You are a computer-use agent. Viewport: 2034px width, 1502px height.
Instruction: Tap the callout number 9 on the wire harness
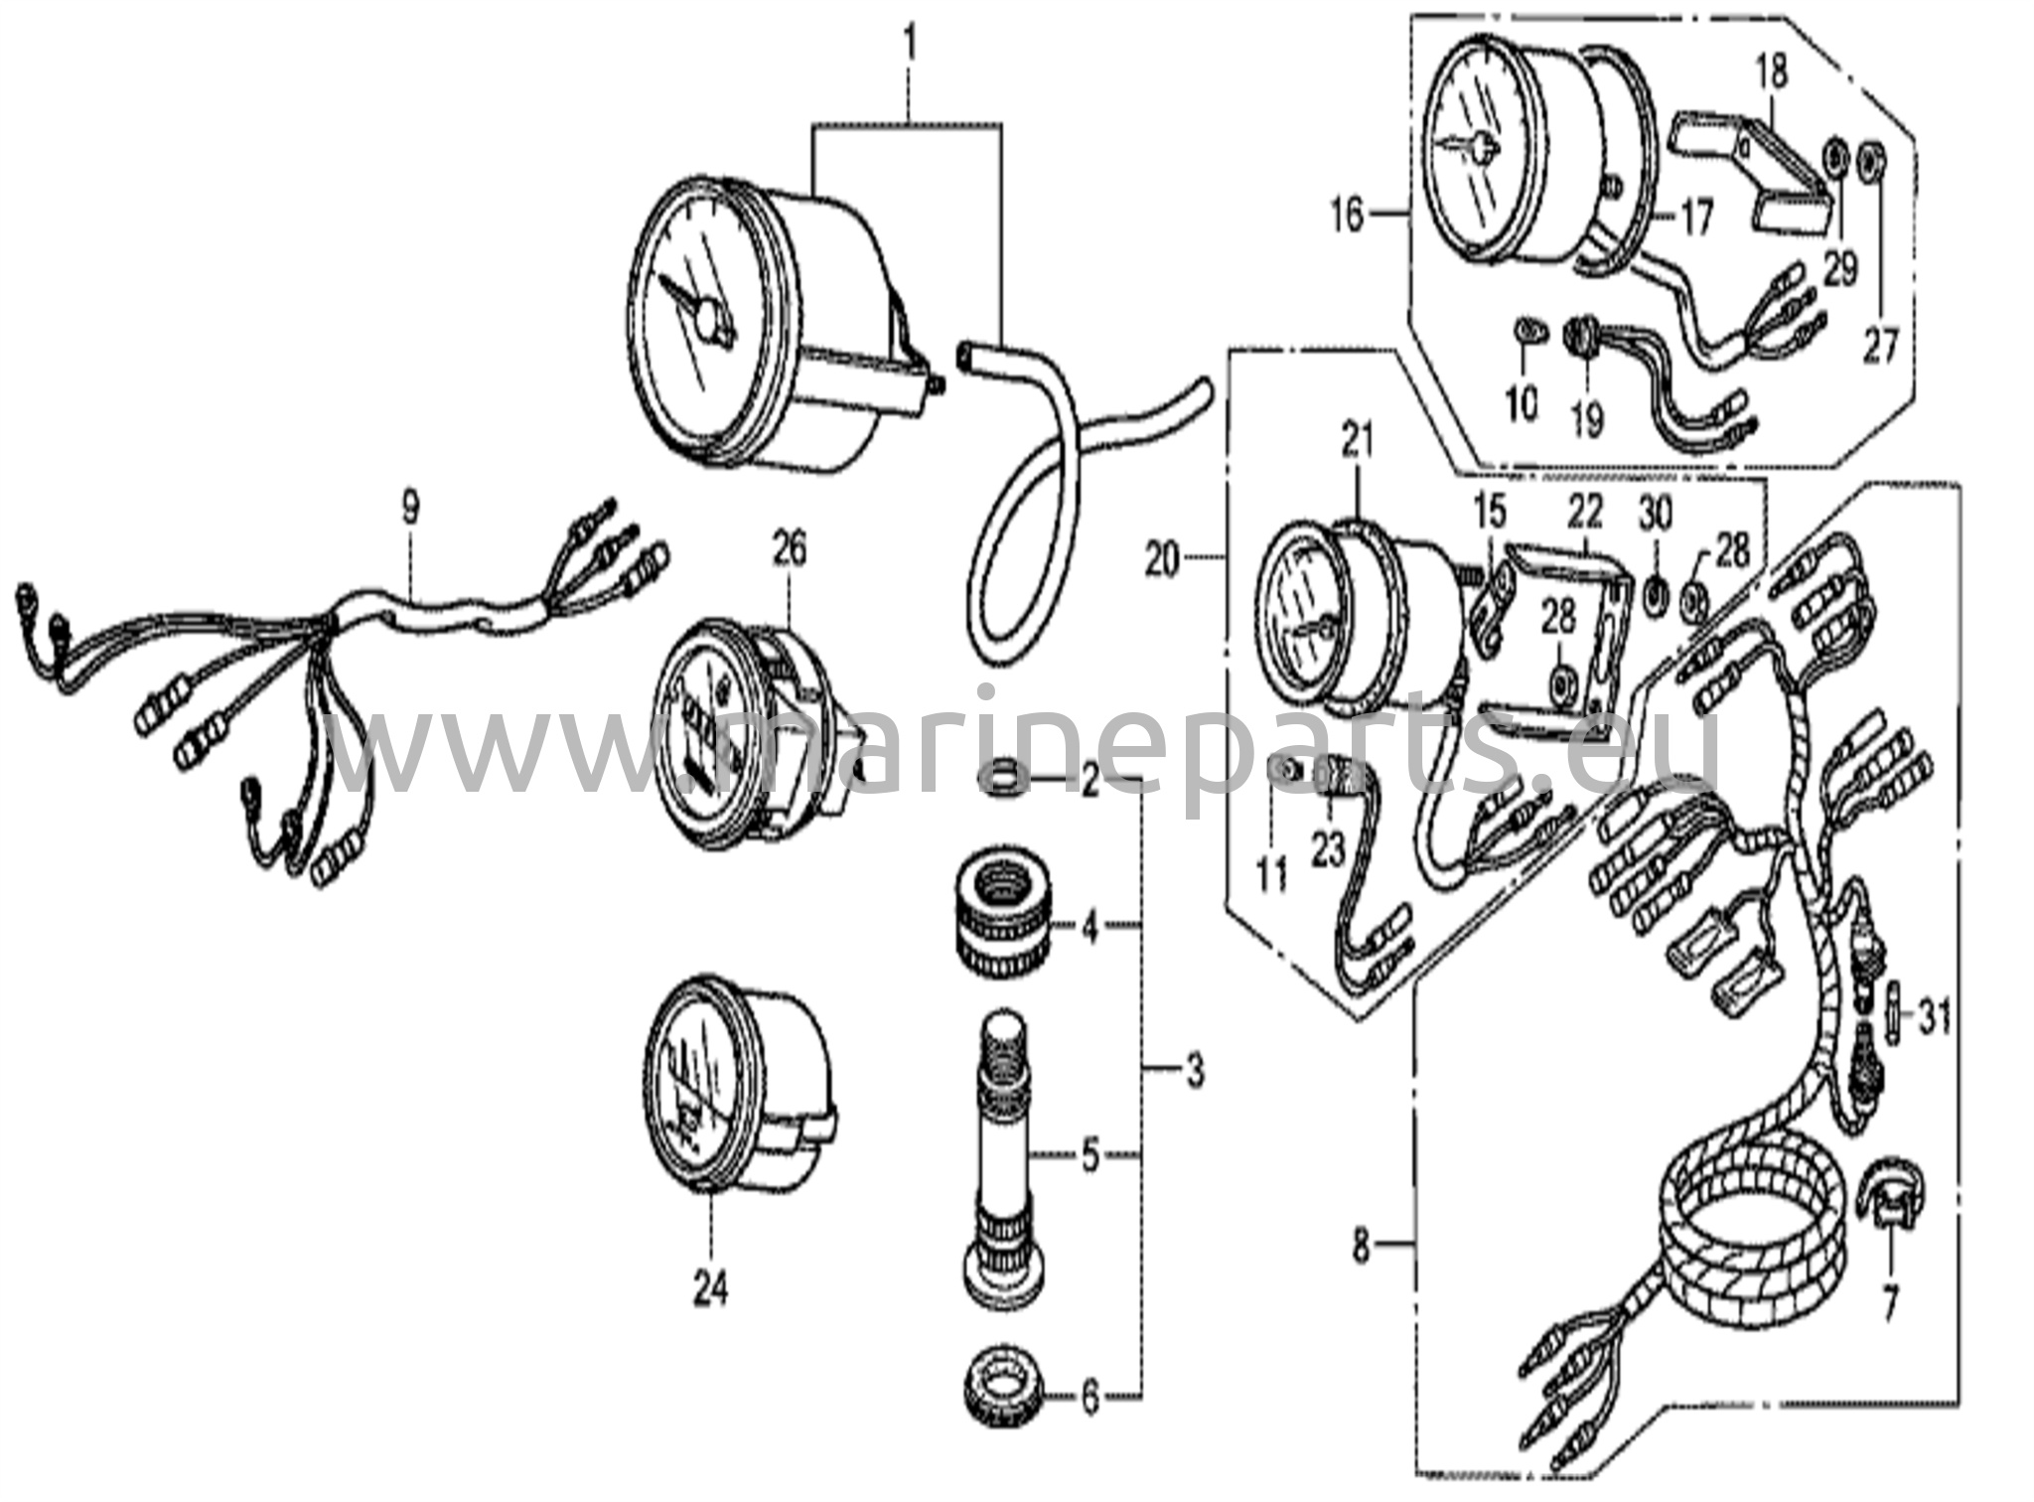409,508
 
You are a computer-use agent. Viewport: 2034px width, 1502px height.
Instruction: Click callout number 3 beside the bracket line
1195,1070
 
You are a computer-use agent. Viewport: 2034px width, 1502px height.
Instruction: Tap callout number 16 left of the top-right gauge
1348,215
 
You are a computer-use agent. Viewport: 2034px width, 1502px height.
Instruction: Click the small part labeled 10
1529,331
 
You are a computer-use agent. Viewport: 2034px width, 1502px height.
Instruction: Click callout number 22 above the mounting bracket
1586,511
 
